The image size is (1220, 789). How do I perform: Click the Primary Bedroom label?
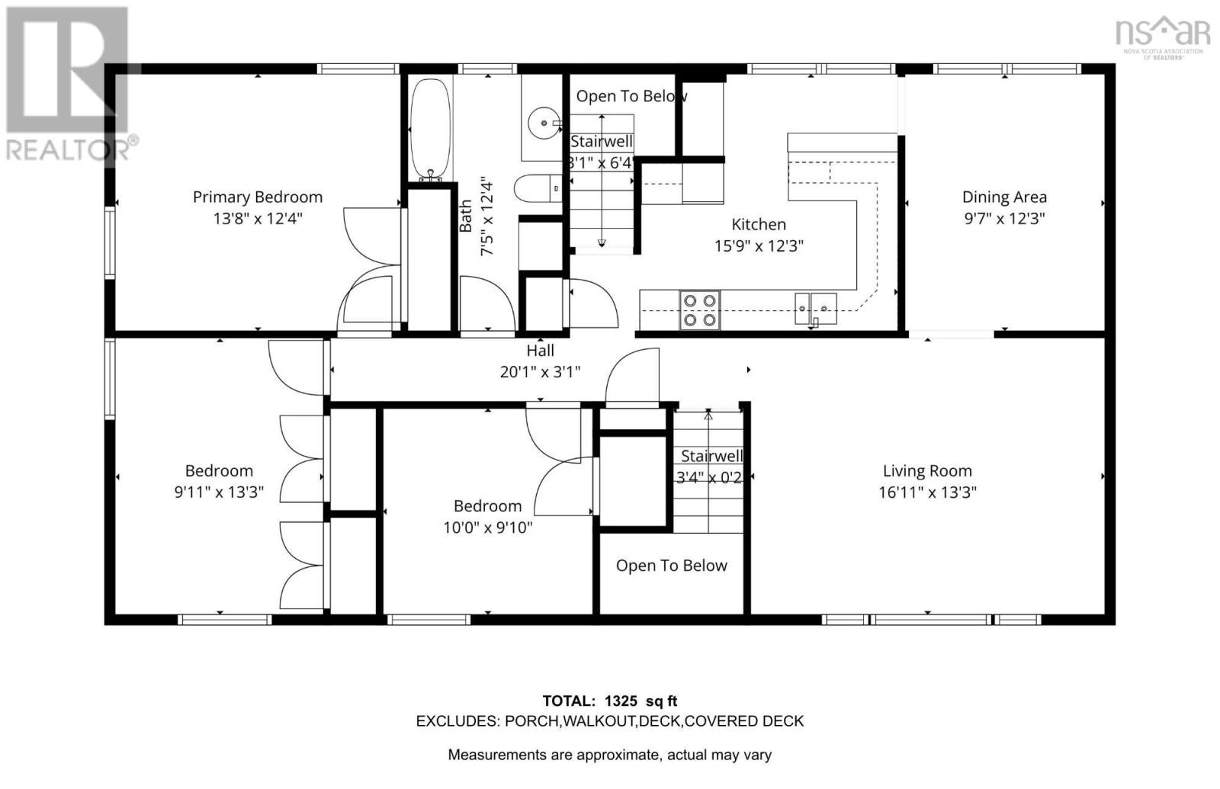[x=257, y=197]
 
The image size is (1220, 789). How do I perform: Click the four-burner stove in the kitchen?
[x=699, y=310]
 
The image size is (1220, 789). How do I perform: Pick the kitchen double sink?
[x=815, y=308]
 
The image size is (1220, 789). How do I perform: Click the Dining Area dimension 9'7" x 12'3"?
[x=1003, y=219]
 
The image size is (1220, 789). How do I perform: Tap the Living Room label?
[x=927, y=471]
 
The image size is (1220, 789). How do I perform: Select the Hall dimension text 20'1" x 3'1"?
[x=540, y=372]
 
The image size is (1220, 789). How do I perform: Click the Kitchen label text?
[x=758, y=224]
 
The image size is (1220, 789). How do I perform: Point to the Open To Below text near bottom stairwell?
[x=671, y=566]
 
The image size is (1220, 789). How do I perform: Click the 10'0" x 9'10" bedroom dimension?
[x=487, y=528]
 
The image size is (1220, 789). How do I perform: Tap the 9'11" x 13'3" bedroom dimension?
[x=219, y=492]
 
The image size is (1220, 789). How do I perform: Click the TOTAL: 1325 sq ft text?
[x=609, y=701]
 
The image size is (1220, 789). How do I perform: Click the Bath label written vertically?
[x=466, y=216]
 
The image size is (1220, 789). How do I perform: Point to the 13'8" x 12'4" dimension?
[x=257, y=219]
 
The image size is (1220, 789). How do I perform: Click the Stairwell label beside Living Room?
[x=711, y=456]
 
